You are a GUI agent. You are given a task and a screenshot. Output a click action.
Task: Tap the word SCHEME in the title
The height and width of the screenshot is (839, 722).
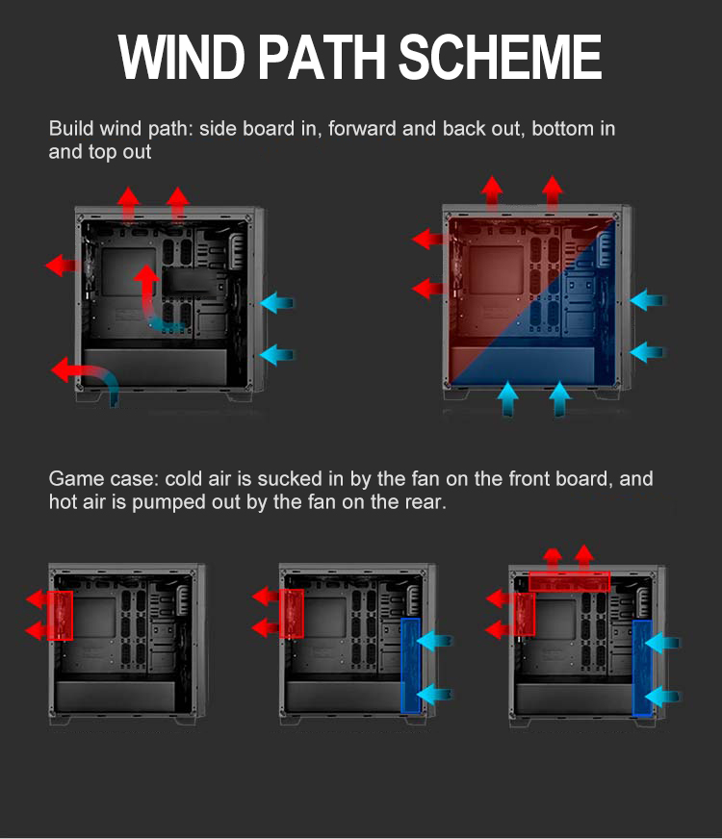[x=500, y=58]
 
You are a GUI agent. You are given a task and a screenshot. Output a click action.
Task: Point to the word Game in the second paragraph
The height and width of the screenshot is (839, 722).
[x=76, y=479]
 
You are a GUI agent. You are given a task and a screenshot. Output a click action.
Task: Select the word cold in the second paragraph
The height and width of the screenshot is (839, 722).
[x=184, y=479]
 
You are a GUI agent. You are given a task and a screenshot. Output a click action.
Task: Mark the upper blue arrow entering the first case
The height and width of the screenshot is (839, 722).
[x=277, y=303]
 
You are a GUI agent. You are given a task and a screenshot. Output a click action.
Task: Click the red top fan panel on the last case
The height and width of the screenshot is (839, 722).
[x=569, y=580]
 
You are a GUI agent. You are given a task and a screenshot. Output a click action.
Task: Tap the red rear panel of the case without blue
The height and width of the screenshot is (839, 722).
[x=60, y=616]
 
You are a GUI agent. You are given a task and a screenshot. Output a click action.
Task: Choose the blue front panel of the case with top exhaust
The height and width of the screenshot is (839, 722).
[x=642, y=667]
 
